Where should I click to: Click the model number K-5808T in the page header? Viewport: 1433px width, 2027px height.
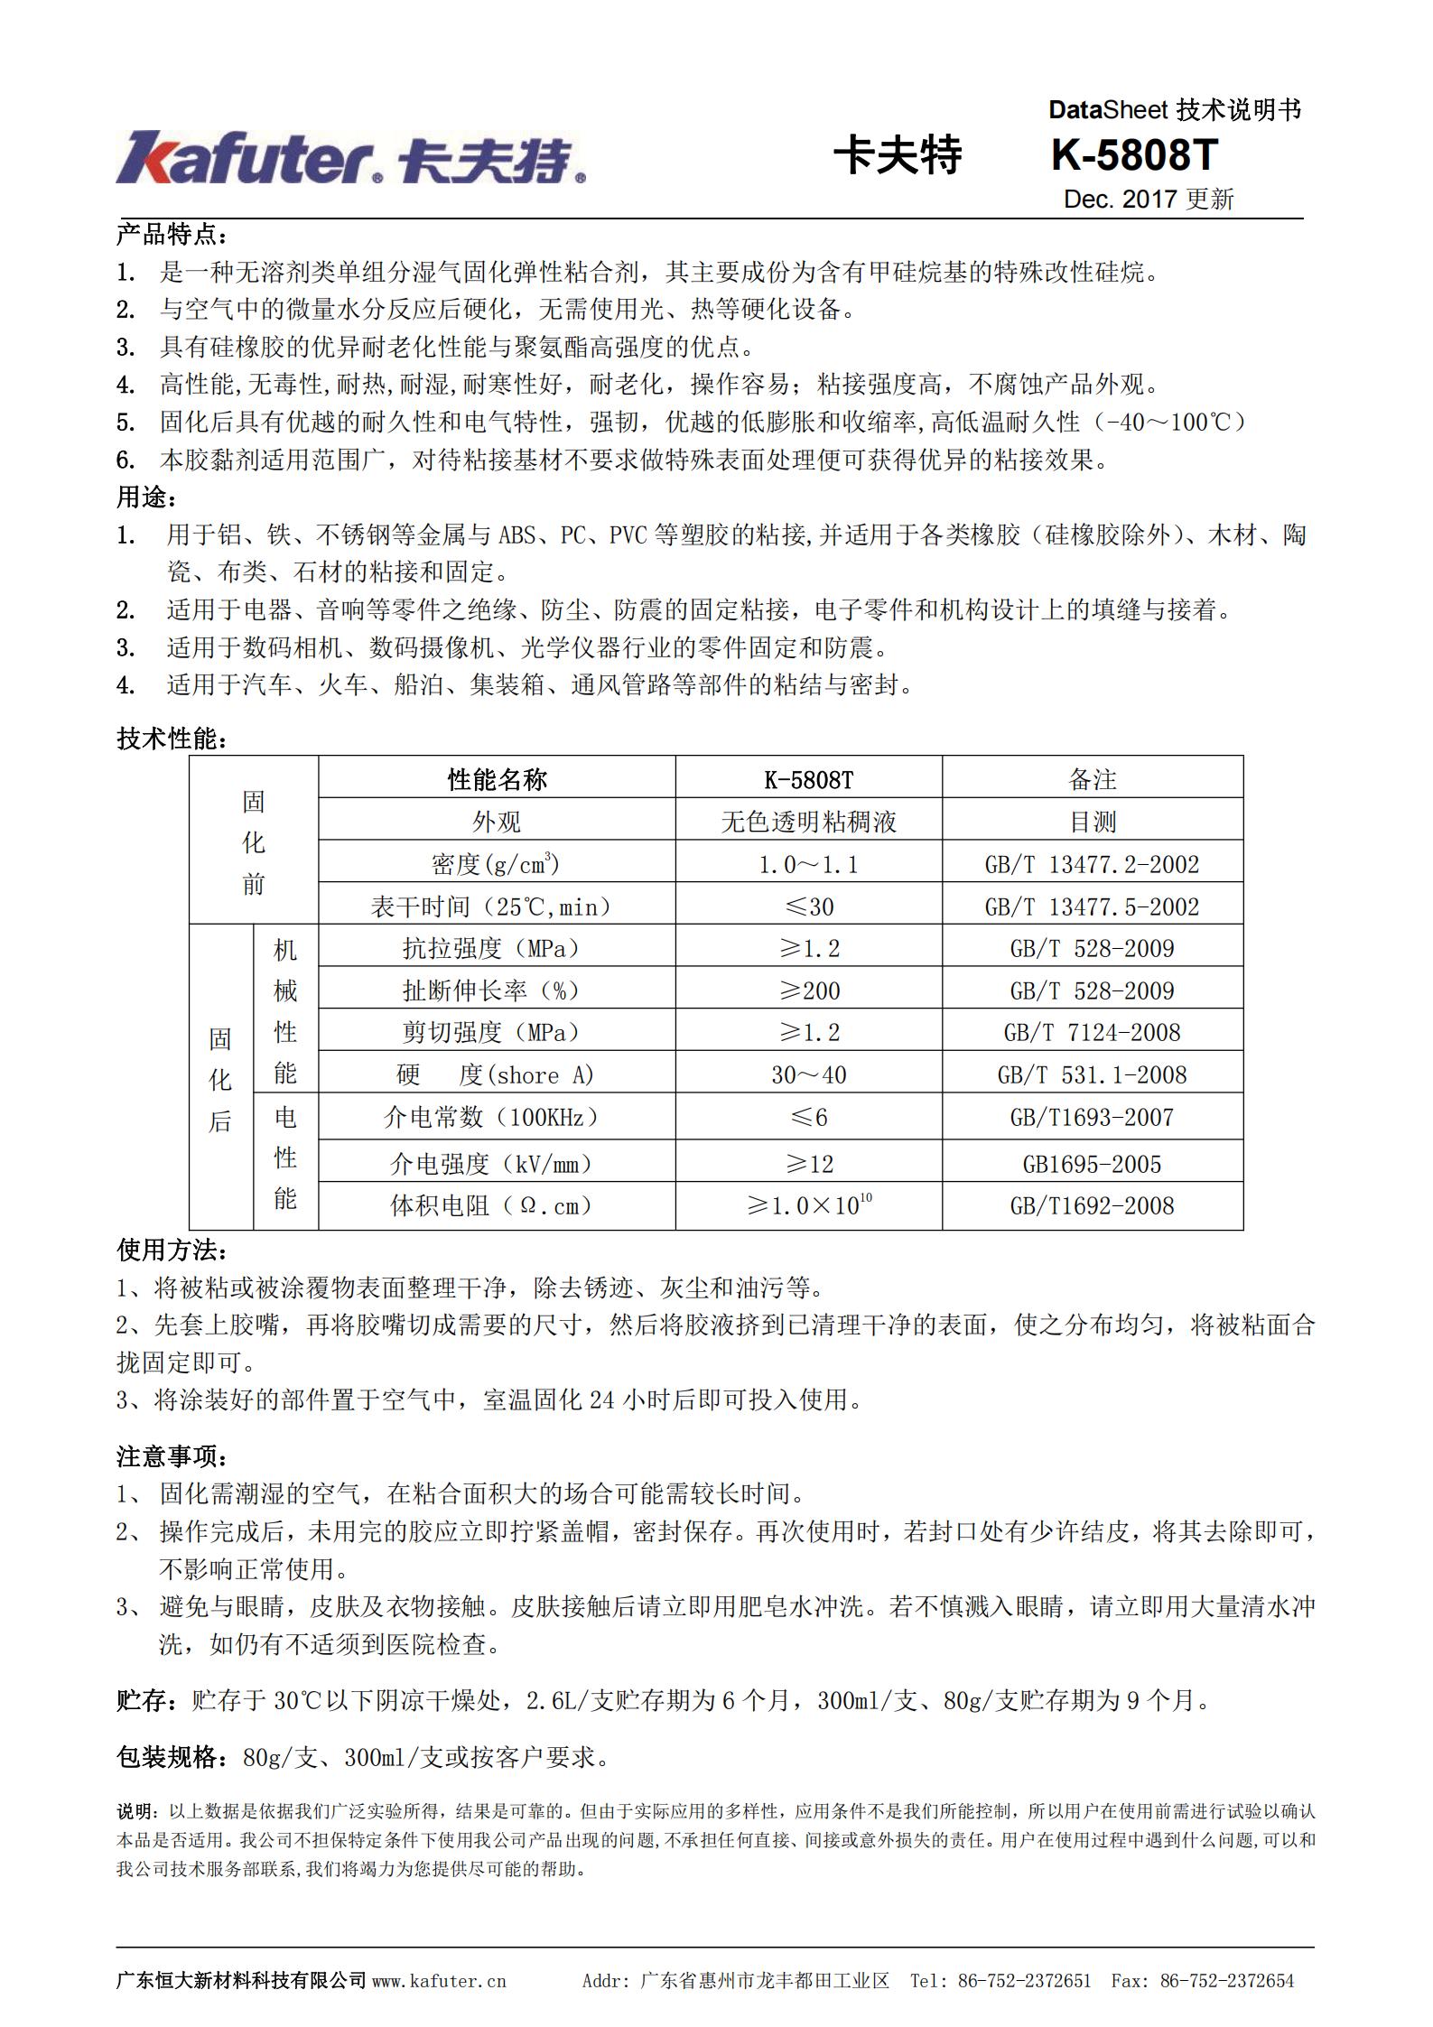coord(1134,155)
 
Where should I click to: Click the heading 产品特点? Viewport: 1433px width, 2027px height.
coord(172,236)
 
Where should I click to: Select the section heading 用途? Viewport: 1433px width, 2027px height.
coord(146,497)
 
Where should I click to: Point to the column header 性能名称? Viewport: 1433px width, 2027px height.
coord(497,779)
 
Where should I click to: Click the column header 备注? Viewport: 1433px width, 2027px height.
coord(1093,779)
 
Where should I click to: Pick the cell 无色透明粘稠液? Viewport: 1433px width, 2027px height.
coord(808,822)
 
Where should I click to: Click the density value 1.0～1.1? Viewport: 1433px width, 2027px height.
coord(808,865)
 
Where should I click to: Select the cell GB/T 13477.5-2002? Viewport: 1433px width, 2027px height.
coord(1092,907)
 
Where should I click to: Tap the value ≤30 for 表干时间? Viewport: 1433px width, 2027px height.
coord(808,907)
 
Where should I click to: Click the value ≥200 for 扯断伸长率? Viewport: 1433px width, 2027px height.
coord(809,991)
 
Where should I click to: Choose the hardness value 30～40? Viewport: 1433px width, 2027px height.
coord(808,1075)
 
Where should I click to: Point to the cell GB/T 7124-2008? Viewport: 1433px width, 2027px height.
coord(1092,1033)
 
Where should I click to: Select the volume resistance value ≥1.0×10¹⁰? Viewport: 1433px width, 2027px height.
coord(808,1205)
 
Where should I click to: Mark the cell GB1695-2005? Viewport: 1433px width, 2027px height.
coord(1092,1165)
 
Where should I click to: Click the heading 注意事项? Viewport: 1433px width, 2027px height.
coord(172,1456)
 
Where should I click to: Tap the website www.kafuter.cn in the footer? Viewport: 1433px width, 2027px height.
coord(439,1981)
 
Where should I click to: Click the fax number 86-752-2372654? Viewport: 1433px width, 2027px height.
coord(1227,1981)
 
